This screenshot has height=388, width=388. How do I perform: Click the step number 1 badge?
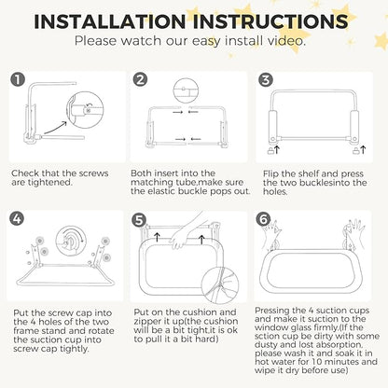tap(18, 79)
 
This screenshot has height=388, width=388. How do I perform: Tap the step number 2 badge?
tap(141, 79)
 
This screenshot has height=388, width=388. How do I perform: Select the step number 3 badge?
tap(266, 79)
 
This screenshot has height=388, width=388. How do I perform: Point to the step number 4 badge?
tap(17, 218)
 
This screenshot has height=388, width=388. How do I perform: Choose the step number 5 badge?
tap(139, 220)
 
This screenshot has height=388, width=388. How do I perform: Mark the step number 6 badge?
tap(263, 219)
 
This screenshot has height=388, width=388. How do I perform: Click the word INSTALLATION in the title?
tap(110, 21)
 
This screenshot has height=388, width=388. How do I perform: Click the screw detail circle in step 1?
tap(85, 109)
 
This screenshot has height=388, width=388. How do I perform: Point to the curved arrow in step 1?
tap(56, 127)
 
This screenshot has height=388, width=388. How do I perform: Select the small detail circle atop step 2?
tap(186, 90)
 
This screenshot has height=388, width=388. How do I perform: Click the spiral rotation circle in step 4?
tap(71, 241)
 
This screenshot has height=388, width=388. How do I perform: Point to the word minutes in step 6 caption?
tap(339, 362)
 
